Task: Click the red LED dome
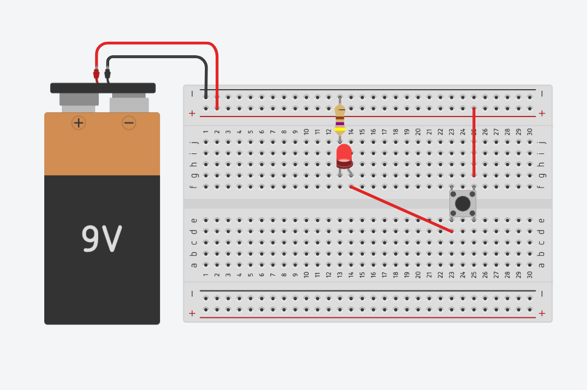tap(344, 153)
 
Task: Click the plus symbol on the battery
tap(79, 123)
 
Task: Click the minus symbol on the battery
tap(129, 123)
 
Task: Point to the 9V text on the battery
tap(102, 239)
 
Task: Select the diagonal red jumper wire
tap(401, 209)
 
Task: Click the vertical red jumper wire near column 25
tap(474, 143)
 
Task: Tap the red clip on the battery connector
tap(96, 74)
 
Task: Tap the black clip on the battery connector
tap(107, 74)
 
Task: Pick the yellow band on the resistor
tap(340, 129)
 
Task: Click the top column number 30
tap(530, 132)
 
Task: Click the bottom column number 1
tap(206, 275)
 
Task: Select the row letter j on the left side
tap(194, 142)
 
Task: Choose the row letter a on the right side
tap(542, 264)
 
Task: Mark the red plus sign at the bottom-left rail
tap(192, 313)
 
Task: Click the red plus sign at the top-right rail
tap(542, 113)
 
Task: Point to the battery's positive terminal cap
tap(79, 100)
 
